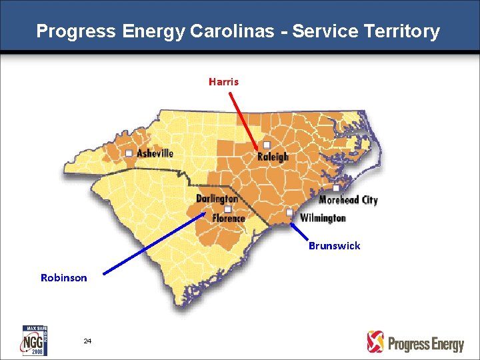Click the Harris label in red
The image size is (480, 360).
pos(223,82)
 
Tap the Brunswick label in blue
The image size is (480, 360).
pos(334,245)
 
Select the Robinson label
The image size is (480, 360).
pos(64,277)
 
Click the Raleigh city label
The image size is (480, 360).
pos(273,157)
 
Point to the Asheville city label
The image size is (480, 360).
pos(155,153)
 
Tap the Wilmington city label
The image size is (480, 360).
pos(323,218)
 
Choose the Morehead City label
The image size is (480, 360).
pos(348,200)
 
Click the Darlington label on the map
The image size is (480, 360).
pos(217,199)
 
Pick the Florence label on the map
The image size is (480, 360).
pos(228,218)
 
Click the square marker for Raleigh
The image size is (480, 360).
pos(267,145)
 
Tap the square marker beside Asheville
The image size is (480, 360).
pos(129,153)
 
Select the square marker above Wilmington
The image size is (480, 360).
pos(289,212)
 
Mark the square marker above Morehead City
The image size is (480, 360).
pos(337,189)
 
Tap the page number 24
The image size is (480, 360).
pos(87,341)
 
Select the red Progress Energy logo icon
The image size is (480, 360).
pos(376,341)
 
